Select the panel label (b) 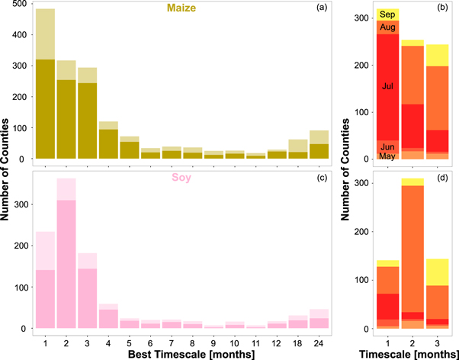click(443, 9)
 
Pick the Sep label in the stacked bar click(388, 14)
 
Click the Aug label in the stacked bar click(388, 27)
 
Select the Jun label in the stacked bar click(388, 146)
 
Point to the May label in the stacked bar click(388, 156)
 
